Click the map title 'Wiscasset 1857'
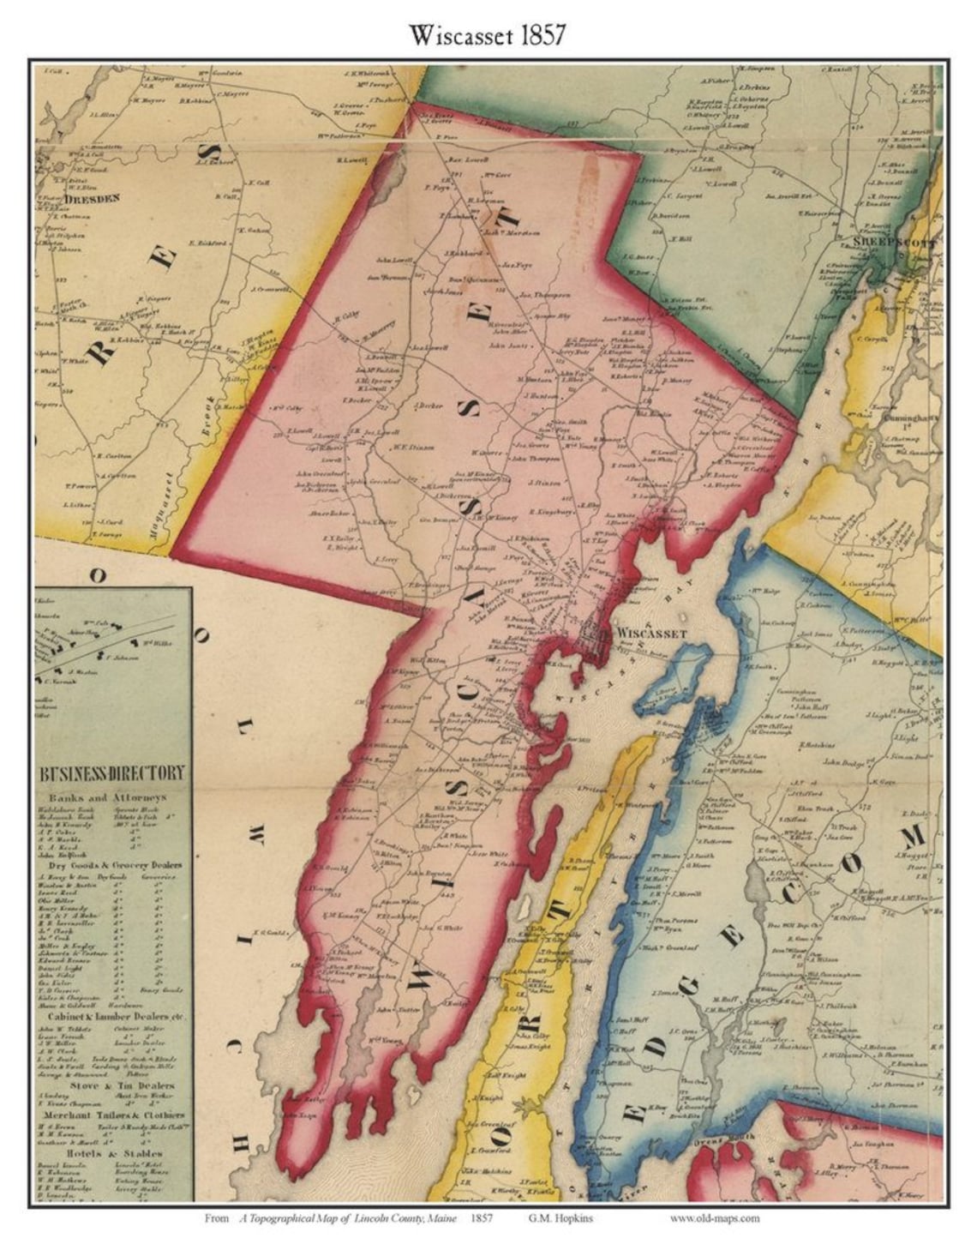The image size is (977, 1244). pos(487,34)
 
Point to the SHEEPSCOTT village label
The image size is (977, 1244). pos(890,243)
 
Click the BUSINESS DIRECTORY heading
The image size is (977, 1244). pos(112,773)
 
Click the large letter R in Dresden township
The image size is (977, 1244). pos(104,350)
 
